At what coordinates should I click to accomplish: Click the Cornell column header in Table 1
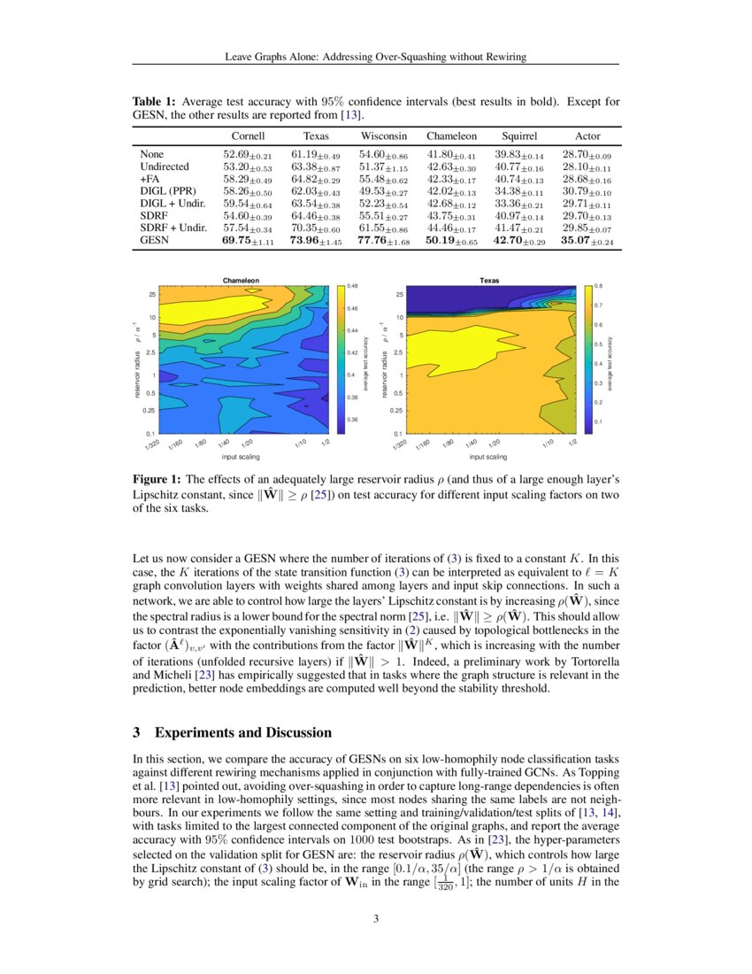click(249, 136)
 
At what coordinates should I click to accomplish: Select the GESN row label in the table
click(153, 240)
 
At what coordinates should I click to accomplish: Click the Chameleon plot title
click(241, 280)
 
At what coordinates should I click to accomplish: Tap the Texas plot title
click(489, 280)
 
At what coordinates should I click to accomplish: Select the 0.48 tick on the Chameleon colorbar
click(352, 286)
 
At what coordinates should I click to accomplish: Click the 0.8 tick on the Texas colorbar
click(598, 286)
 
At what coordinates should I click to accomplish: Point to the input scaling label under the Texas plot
click(488, 457)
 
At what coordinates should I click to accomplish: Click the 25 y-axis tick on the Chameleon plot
click(152, 294)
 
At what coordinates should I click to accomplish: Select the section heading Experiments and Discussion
click(243, 732)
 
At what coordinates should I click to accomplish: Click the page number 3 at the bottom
click(376, 917)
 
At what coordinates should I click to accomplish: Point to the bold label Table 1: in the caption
click(153, 102)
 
